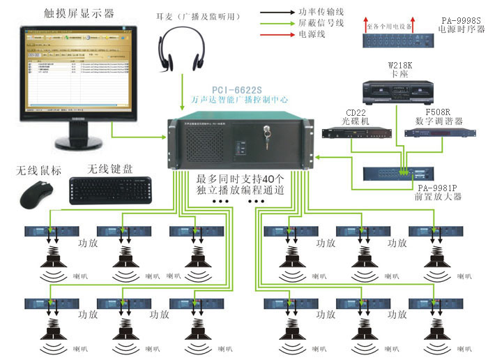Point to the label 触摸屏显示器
[68, 13]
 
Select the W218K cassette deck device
[395, 91]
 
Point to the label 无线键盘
[111, 170]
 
